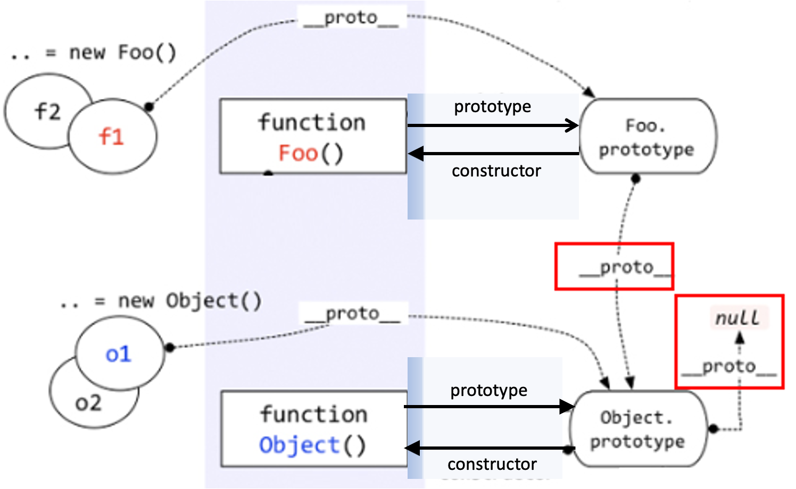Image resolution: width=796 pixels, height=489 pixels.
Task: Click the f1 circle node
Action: click(112, 137)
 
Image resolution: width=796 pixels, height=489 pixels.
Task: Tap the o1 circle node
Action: click(119, 354)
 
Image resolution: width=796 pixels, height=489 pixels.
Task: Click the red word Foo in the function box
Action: click(298, 154)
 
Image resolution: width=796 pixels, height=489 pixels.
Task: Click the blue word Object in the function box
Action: click(299, 445)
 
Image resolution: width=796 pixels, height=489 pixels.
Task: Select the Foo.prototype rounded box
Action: click(647, 137)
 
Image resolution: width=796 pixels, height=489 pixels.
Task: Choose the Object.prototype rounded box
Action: click(637, 429)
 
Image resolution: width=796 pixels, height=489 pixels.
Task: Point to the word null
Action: click(737, 318)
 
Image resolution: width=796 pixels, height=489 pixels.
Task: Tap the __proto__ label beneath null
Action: click(728, 367)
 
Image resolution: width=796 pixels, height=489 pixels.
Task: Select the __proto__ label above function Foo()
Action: click(351, 18)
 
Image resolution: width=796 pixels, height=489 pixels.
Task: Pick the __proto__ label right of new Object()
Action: click(352, 314)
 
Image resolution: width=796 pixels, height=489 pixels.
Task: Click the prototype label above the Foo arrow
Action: click(492, 107)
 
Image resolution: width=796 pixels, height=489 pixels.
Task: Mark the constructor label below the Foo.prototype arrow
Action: click(496, 171)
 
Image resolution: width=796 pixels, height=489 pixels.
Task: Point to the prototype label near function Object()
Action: click(488, 391)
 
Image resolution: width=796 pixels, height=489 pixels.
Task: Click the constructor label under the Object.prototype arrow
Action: click(492, 464)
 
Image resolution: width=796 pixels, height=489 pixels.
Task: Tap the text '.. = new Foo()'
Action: click(94, 53)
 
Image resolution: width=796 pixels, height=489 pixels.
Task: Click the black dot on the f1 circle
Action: click(150, 107)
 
